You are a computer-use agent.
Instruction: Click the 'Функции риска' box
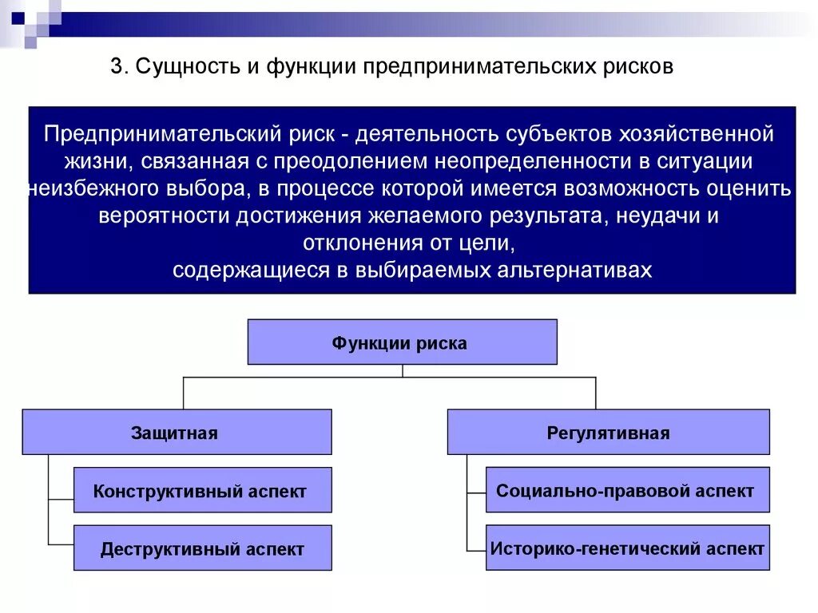tap(402, 342)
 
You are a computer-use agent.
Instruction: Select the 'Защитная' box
tap(177, 433)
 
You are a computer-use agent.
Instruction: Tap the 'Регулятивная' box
tap(608, 433)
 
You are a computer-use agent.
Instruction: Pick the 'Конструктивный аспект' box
tap(202, 491)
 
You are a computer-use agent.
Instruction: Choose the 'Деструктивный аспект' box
tap(202, 548)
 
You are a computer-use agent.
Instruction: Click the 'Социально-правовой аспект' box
tap(627, 490)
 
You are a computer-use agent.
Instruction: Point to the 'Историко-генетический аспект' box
tap(627, 548)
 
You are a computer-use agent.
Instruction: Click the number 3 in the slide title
tap(115, 67)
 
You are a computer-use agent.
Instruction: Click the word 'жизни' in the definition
tap(95, 160)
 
